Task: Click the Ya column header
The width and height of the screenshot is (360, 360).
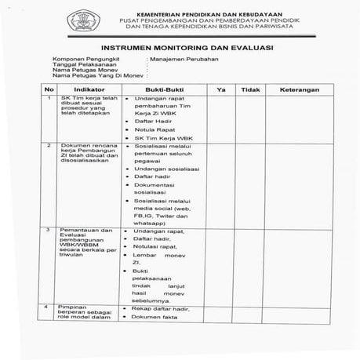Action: (221, 89)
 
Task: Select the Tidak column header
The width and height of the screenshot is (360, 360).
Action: (250, 89)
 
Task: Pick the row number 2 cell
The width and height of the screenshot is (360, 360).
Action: (49, 146)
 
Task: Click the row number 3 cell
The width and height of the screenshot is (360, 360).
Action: (49, 231)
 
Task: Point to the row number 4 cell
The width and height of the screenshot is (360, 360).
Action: (49, 307)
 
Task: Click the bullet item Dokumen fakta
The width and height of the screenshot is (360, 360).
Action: (156, 317)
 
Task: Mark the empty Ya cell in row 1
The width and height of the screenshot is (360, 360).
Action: (221, 118)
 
